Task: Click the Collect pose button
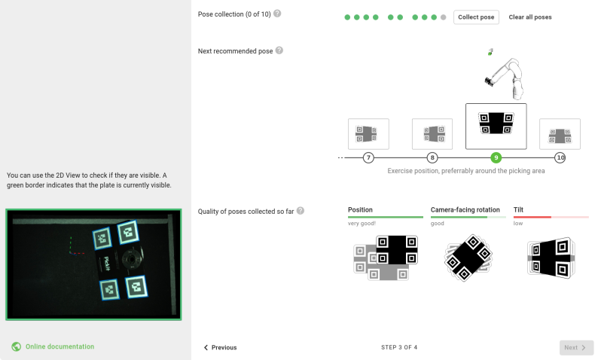click(476, 17)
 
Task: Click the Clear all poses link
click(530, 17)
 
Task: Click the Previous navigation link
click(220, 347)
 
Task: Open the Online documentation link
click(59, 346)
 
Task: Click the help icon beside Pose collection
click(278, 14)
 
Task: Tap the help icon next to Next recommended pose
click(279, 50)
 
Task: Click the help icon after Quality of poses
click(301, 210)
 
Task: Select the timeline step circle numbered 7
click(368, 157)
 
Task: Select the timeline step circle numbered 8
click(432, 157)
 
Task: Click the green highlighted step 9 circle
click(496, 157)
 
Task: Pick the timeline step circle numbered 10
click(560, 157)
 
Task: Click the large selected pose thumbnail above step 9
click(496, 126)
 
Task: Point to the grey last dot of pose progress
click(443, 17)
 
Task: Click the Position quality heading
click(360, 209)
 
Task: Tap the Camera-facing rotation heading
click(465, 209)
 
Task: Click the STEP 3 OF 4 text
click(399, 347)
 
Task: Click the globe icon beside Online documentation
click(16, 346)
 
